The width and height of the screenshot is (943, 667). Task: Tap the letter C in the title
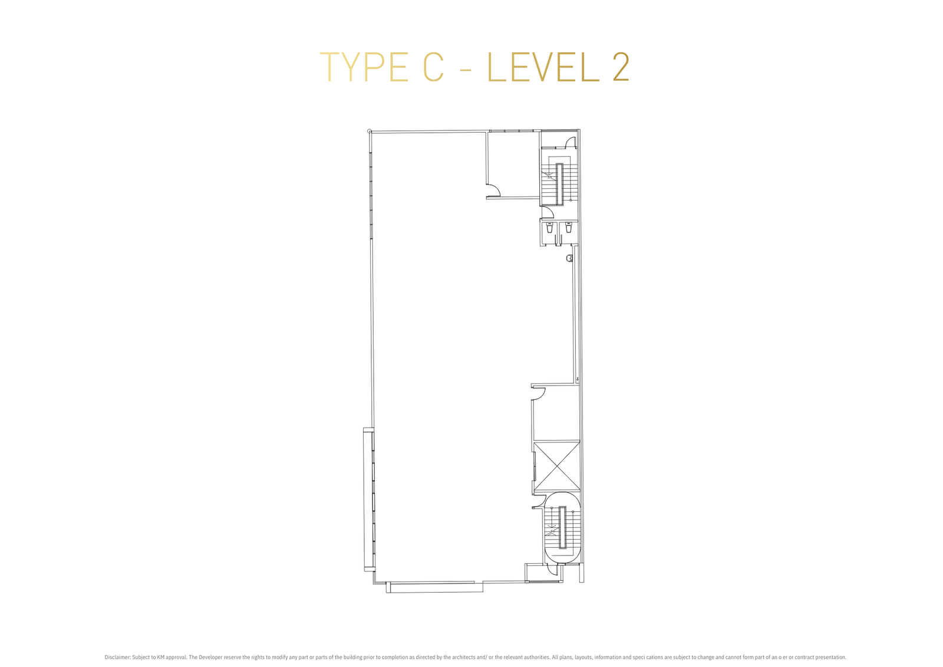[434, 67]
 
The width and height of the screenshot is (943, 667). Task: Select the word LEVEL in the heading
[543, 67]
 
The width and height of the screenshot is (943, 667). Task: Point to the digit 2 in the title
[621, 67]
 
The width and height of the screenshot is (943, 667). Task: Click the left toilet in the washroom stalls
[549, 228]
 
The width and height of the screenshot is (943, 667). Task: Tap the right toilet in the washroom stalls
[568, 228]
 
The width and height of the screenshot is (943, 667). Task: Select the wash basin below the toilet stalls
[569, 258]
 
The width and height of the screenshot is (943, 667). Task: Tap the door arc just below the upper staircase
[546, 211]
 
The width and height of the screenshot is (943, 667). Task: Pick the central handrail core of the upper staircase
[560, 184]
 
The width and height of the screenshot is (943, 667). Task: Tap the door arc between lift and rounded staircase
[538, 502]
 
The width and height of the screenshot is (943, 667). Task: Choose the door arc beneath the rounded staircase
[552, 569]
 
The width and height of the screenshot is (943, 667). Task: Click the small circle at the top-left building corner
[369, 131]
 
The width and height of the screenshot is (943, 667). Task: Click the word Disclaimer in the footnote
[117, 657]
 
